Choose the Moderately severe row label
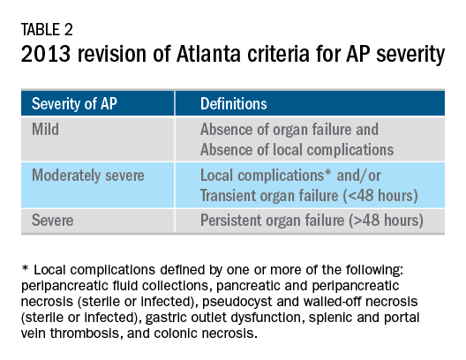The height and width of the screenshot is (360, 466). (x=89, y=176)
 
